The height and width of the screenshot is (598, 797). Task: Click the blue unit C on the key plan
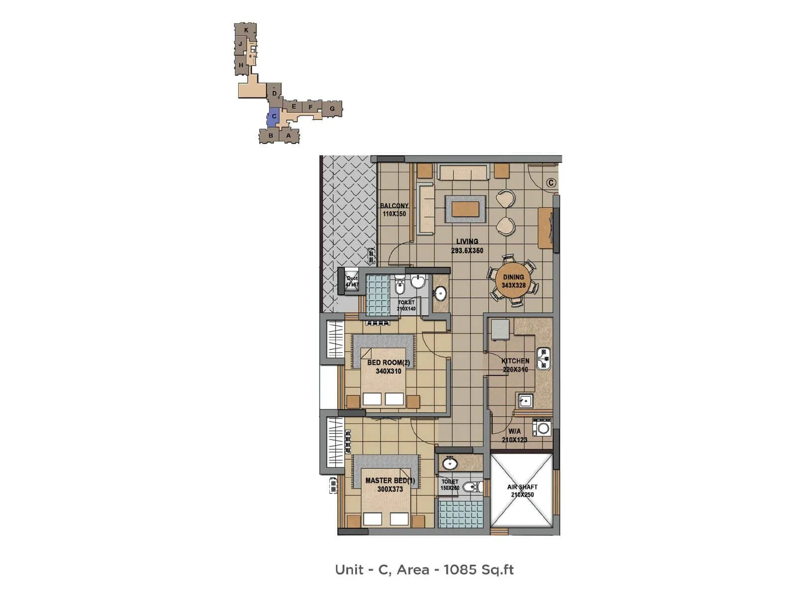coord(273,117)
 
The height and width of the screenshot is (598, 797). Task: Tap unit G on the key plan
coord(332,109)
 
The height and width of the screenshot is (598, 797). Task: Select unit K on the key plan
coord(246,30)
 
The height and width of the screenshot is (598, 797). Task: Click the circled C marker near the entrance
coord(551,183)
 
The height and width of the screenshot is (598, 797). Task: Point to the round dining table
coord(513,282)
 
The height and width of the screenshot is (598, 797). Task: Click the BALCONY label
coord(394,205)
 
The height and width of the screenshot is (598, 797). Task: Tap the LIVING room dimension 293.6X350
coord(467,251)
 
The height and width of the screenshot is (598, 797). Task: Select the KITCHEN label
coord(515,361)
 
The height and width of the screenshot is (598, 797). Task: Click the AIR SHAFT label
coord(522,487)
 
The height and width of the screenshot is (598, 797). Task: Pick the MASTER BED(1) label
coord(390,481)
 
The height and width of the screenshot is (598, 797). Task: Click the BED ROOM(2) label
coord(389,363)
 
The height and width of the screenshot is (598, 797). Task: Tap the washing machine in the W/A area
coord(542,428)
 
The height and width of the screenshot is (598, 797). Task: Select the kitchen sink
coord(525,400)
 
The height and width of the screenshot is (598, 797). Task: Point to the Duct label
coord(352,279)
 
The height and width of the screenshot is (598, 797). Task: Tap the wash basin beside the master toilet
coord(450,463)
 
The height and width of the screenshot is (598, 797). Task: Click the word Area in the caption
coord(412,570)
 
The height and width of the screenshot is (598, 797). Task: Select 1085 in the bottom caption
coord(459,570)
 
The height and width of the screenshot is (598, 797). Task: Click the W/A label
coord(514,431)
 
